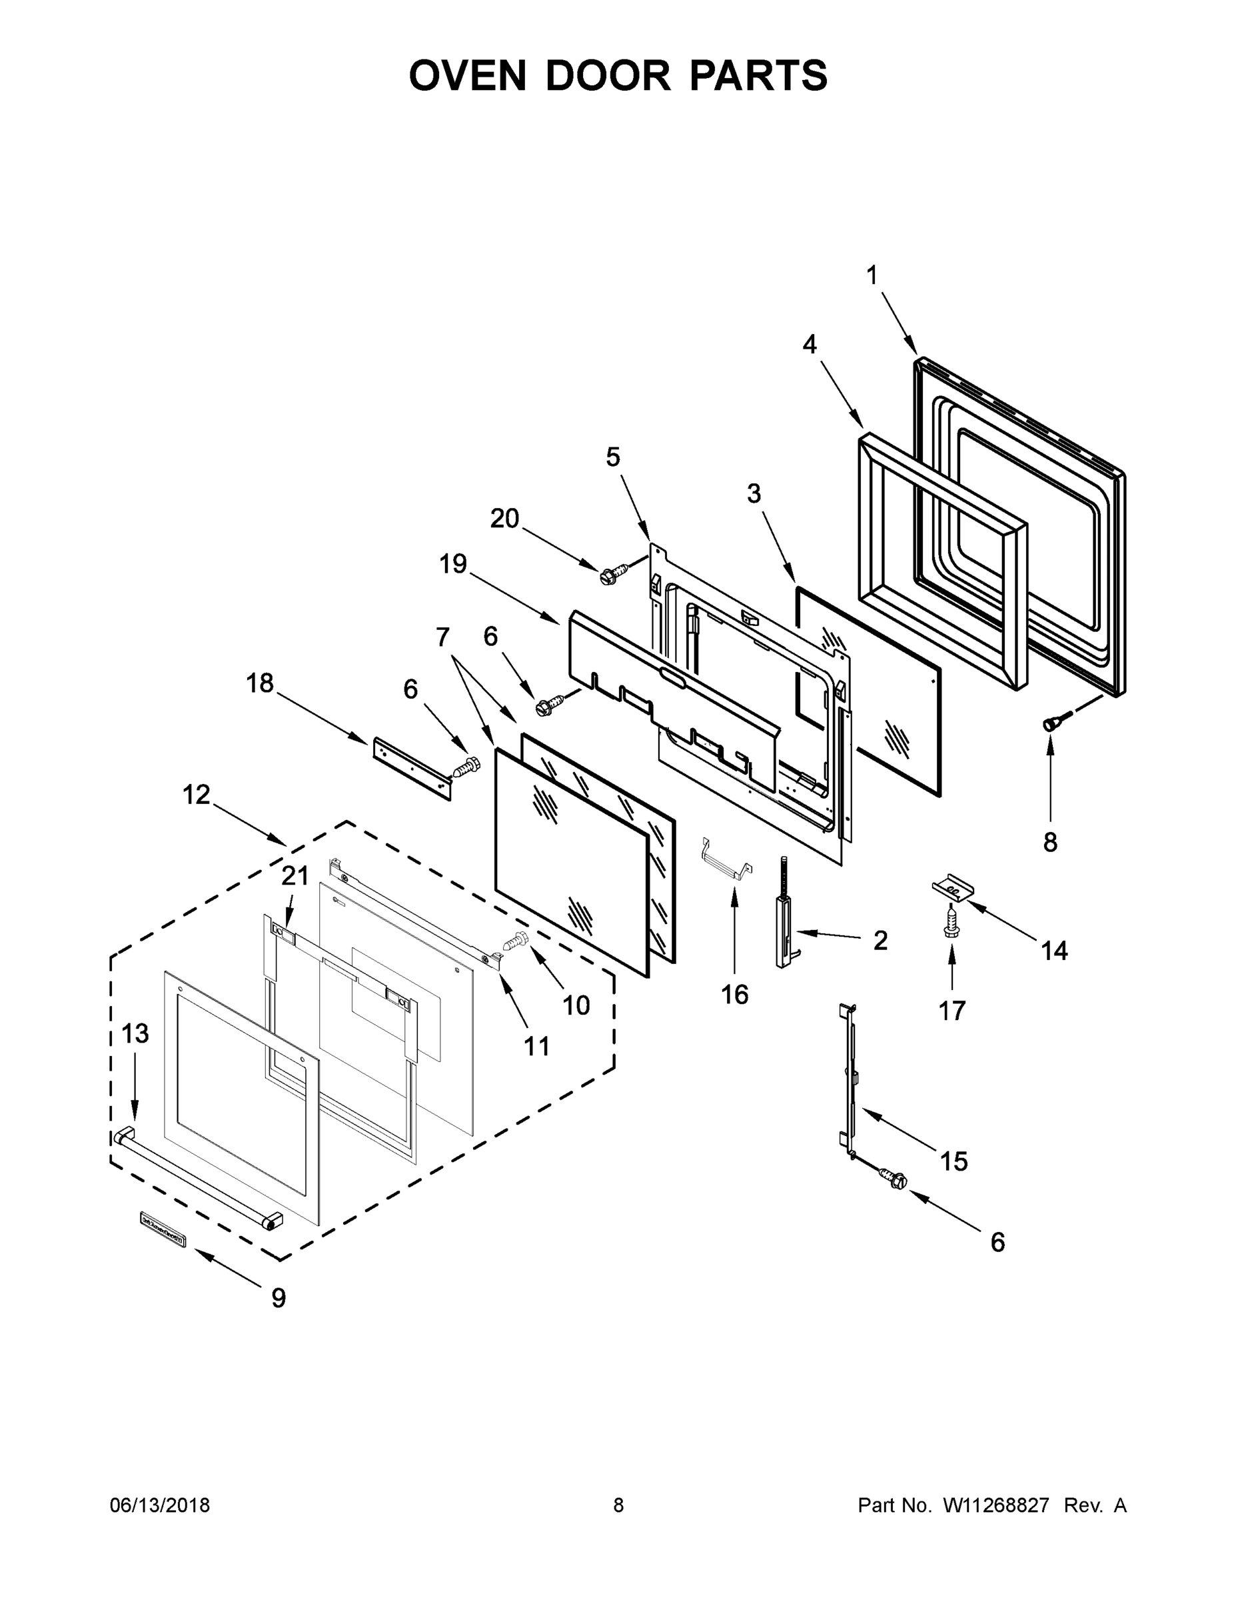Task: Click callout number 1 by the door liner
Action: [x=872, y=276]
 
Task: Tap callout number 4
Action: [x=809, y=344]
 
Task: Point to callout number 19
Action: [x=453, y=564]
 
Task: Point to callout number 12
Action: [x=197, y=795]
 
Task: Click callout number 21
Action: [x=295, y=875]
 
